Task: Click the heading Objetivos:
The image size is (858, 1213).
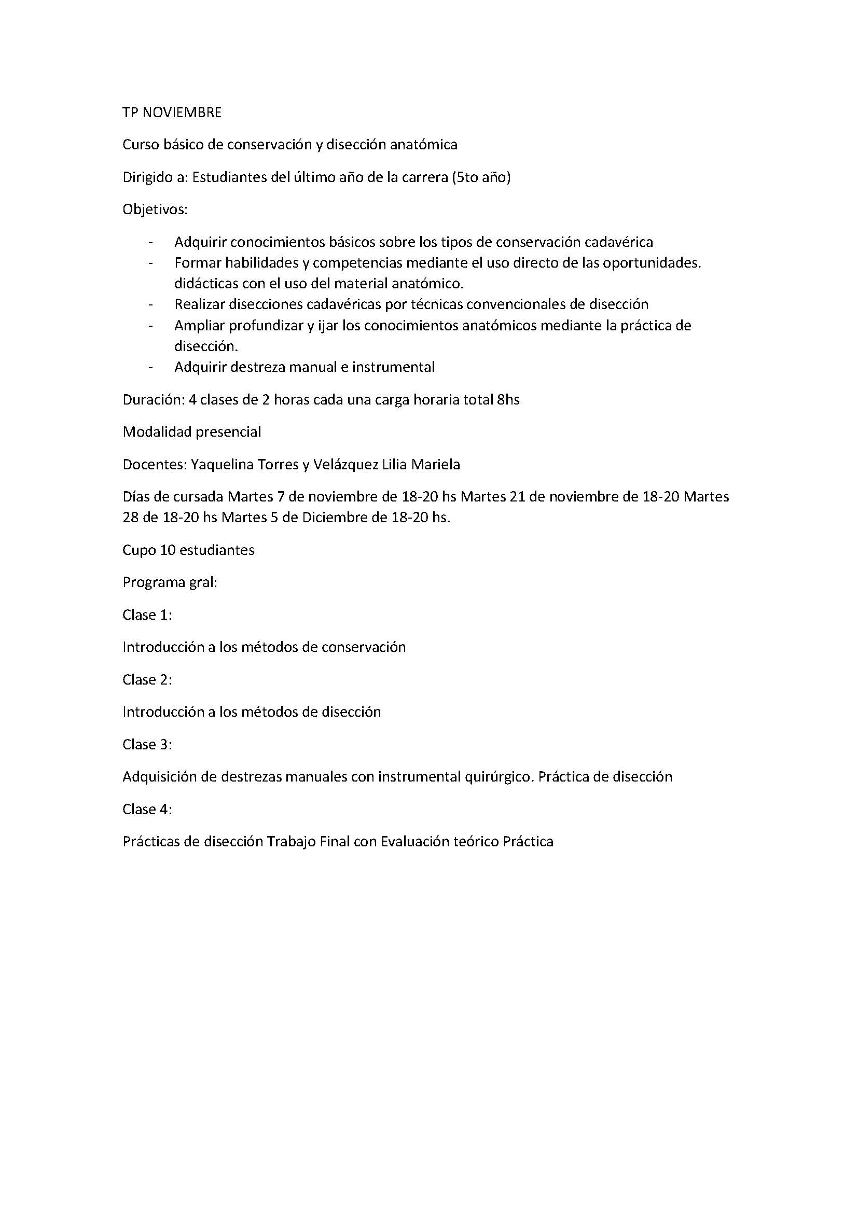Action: (155, 210)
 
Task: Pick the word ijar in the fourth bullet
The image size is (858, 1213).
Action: (327, 326)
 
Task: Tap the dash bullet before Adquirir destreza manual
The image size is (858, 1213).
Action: (152, 367)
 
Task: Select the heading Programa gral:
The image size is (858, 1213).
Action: (170, 583)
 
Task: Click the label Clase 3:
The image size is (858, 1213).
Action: (147, 745)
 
